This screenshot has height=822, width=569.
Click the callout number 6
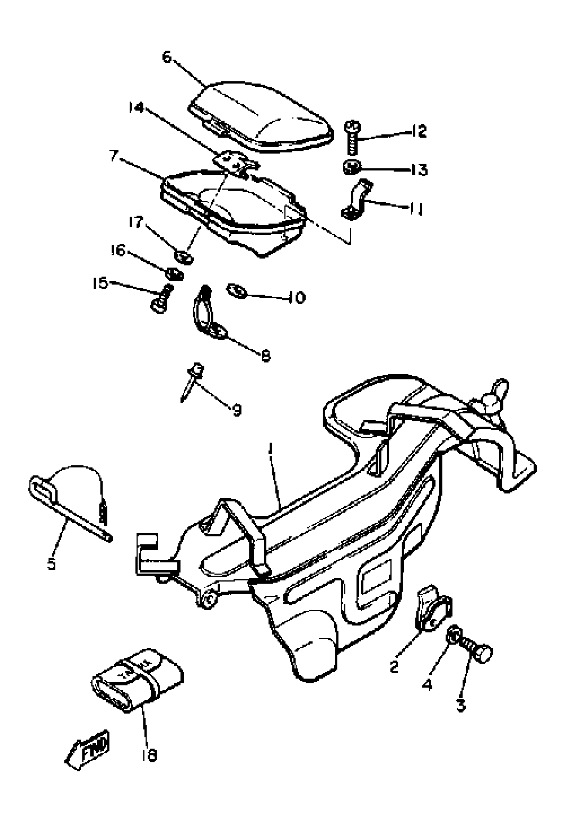[x=167, y=57]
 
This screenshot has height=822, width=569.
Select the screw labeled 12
[x=352, y=137]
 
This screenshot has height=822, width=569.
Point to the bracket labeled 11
[x=356, y=200]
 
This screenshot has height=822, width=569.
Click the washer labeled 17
[x=184, y=256]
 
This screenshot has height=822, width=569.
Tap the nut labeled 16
[x=174, y=274]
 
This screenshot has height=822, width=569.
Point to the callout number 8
[x=266, y=356]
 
